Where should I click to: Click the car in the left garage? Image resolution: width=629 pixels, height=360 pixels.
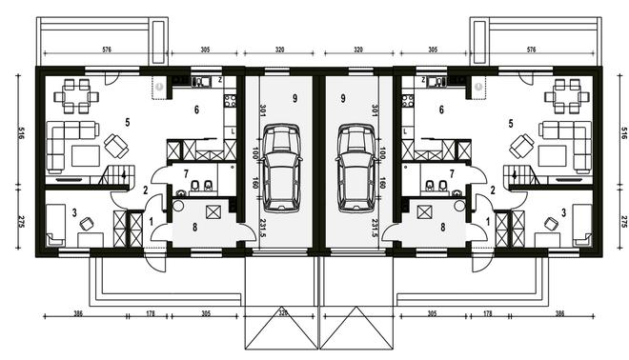281,168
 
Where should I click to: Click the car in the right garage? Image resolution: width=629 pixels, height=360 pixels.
356,168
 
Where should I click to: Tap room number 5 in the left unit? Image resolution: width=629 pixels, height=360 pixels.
128,123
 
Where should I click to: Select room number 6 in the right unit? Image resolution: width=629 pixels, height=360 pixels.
441,110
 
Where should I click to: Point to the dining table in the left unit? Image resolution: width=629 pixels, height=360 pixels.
76,96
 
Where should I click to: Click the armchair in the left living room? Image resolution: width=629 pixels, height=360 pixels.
116,146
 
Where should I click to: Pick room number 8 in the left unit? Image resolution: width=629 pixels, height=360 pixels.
194,228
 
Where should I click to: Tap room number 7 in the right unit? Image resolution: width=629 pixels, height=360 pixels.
452,174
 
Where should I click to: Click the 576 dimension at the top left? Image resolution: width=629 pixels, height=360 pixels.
107,50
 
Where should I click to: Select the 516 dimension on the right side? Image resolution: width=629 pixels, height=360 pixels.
623,132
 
